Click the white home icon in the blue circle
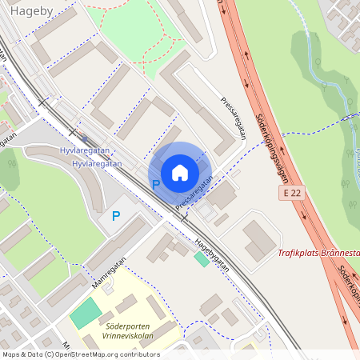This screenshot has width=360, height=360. [179, 172]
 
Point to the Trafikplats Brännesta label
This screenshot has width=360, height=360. [318, 254]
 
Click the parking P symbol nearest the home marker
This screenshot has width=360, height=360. [156, 185]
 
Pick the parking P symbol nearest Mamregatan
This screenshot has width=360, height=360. [116, 215]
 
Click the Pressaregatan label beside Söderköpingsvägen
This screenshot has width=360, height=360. [232, 118]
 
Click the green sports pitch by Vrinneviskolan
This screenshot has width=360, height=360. [86, 313]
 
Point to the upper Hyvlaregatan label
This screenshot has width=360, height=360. [82, 150]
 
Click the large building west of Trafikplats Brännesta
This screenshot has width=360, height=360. [258, 240]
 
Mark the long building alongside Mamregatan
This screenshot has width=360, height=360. [118, 243]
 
